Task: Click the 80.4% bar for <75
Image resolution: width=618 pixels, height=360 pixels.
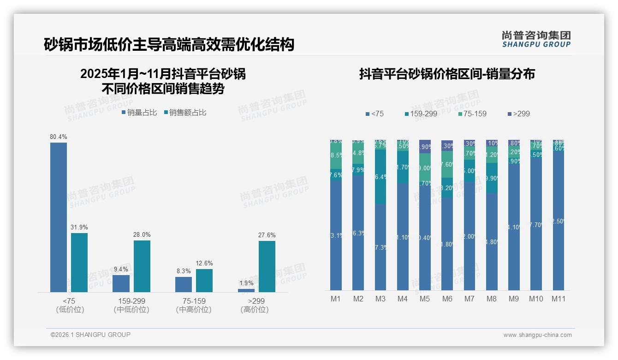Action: [59, 217]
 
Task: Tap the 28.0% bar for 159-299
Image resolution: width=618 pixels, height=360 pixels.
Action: [142, 266]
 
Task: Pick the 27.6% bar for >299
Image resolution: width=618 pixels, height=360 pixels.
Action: [267, 266]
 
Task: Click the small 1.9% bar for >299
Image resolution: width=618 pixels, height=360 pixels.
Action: [246, 290]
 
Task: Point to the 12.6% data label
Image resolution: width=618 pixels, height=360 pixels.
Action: [204, 264]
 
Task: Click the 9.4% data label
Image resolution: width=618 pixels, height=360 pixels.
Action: [121, 269]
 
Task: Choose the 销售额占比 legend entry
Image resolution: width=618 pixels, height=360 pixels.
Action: [185, 112]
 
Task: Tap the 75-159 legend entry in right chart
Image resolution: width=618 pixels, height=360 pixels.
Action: [473, 114]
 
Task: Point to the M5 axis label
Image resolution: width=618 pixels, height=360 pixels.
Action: [425, 299]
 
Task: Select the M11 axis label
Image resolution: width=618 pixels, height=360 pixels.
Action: [559, 299]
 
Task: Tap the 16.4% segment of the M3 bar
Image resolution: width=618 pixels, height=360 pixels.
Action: [380, 177]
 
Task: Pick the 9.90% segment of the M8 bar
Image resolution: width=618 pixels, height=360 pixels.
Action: [492, 178]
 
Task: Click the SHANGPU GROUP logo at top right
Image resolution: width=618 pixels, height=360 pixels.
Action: [536, 39]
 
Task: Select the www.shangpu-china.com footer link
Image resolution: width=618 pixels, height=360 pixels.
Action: [537, 335]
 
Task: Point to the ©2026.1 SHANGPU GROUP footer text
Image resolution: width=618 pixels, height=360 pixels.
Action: [90, 335]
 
